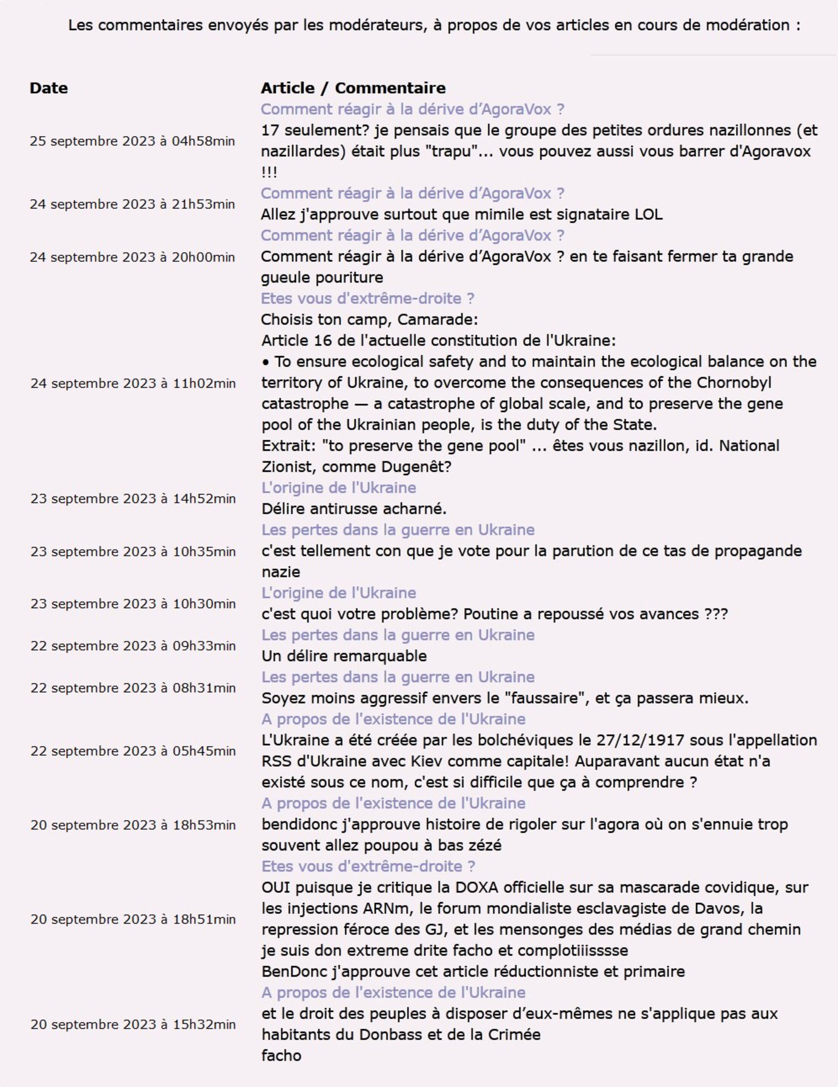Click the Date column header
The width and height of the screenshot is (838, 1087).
click(x=49, y=88)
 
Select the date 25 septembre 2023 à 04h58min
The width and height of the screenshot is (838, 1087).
click(x=132, y=141)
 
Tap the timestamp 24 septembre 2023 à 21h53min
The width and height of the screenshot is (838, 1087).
click(x=132, y=204)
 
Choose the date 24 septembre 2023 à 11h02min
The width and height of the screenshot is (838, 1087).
click(x=133, y=383)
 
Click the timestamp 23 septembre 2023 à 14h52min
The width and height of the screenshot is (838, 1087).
click(x=133, y=499)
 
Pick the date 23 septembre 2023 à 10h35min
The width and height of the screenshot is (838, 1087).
click(x=133, y=551)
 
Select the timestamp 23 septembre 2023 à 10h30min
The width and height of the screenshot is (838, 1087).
click(x=133, y=604)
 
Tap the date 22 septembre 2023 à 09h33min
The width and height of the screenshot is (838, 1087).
click(x=133, y=646)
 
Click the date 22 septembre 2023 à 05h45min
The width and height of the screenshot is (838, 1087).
click(x=133, y=751)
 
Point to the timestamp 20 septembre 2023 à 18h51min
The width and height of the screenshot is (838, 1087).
click(x=133, y=919)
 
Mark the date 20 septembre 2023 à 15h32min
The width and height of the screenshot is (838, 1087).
click(x=133, y=1024)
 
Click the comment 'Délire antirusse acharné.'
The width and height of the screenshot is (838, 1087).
click(x=354, y=509)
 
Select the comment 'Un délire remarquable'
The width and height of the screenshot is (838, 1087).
click(x=344, y=656)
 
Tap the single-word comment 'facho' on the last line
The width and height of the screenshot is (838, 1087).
click(x=281, y=1056)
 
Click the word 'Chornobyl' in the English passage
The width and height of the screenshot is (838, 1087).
click(x=734, y=383)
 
